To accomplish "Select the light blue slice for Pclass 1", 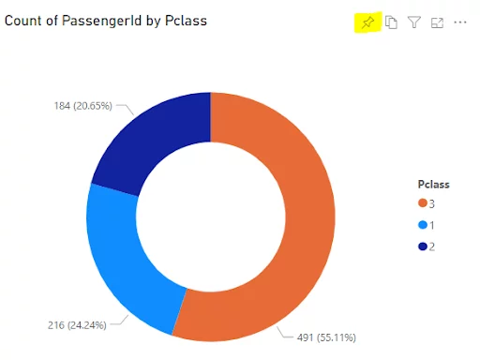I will (122, 253).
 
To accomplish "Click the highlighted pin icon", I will (367, 22).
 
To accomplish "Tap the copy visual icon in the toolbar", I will (392, 22).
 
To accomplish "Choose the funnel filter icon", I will (414, 22).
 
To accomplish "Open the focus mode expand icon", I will (437, 22).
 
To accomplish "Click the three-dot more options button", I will (459, 22).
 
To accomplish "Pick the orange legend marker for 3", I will (423, 203).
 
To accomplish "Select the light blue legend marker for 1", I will (423, 225).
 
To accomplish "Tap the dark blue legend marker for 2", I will (423, 247).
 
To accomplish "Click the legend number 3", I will (432, 203).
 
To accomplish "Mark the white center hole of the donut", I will (210, 217).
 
